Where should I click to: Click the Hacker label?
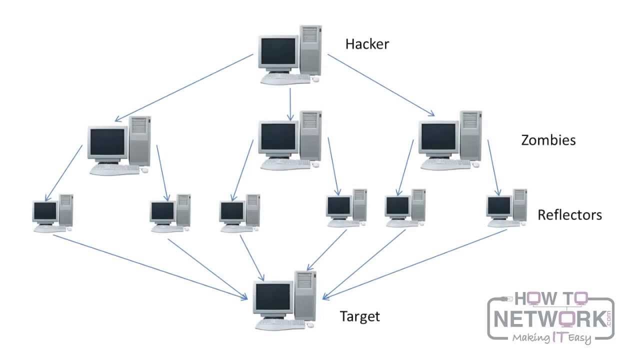point(367,44)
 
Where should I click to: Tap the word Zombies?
point(548,140)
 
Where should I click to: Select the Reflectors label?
point(569,215)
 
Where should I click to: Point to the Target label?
point(360,316)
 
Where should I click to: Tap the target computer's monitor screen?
point(273,296)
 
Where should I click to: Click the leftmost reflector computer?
point(52,213)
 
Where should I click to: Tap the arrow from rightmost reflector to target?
point(415,264)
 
